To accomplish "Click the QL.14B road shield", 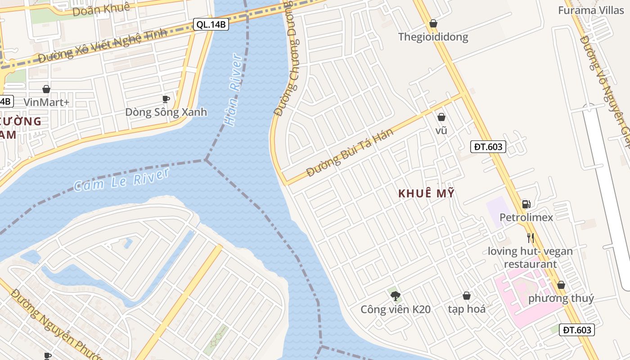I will tap(211, 24).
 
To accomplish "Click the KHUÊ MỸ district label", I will tap(426, 193).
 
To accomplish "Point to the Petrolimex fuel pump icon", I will tap(526, 204).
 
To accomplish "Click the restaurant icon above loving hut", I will tap(531, 238).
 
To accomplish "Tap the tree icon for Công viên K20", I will tap(396, 296).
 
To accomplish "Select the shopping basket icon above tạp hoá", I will tap(467, 296).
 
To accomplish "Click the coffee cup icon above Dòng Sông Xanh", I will tap(166, 99).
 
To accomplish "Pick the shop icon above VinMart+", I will tap(46, 89).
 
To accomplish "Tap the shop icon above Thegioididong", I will tap(433, 23).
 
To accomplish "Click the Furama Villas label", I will tap(591, 10).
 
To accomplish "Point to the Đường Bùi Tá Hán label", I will tap(350, 153).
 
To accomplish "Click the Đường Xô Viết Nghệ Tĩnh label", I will tap(103, 45).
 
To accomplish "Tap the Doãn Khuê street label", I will tap(101, 9).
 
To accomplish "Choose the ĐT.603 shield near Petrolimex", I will tap(488, 146).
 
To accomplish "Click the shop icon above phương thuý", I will tap(561, 285).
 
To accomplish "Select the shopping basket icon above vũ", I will tap(441, 117).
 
